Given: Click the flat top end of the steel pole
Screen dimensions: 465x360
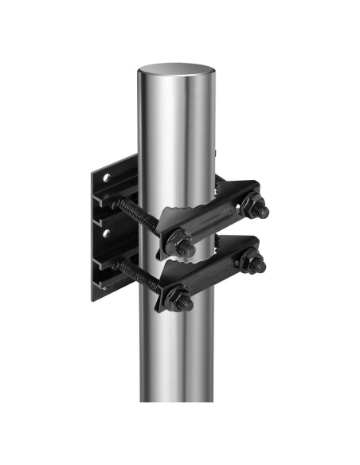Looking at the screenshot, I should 176,71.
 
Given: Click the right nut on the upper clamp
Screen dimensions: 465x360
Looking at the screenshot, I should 256,209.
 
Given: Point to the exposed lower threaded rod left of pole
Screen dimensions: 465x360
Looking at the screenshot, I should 131,270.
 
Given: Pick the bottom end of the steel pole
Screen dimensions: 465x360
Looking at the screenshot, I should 177,397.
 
